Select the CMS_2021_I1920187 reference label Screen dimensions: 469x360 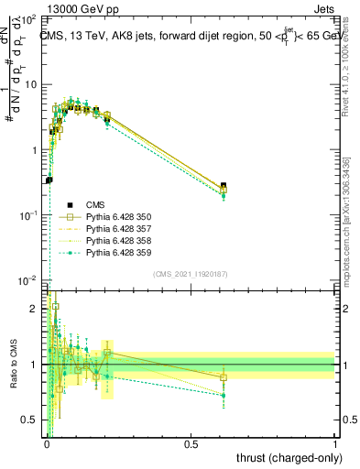(191, 273)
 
